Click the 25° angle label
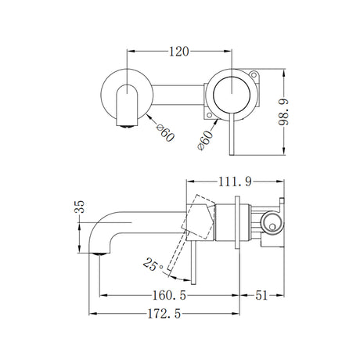click(x=153, y=266)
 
